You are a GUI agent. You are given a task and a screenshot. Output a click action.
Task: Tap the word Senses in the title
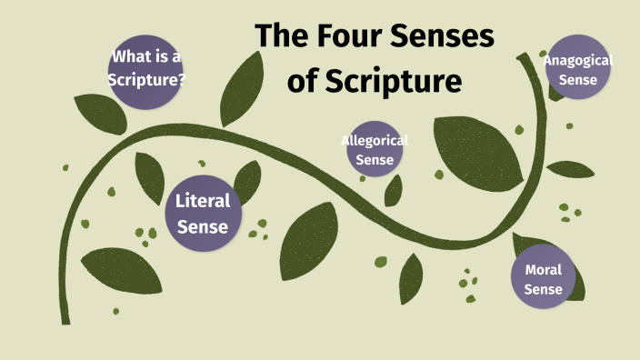443,37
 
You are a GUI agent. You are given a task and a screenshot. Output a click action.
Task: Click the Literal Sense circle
203,213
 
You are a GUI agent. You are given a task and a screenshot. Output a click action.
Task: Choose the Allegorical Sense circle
375,150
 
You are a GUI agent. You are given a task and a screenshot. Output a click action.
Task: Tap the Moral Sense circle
544,279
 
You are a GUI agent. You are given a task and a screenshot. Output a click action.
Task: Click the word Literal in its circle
203,201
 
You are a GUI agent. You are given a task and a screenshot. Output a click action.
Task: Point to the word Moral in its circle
544,269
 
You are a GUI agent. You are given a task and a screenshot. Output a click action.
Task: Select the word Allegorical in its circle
375,140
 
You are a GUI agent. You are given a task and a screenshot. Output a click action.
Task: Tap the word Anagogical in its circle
578,61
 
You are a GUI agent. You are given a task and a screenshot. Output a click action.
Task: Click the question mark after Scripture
183,79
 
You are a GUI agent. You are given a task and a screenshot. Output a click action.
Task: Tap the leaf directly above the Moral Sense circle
532,244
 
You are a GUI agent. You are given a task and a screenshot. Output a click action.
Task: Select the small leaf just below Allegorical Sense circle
394,191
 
